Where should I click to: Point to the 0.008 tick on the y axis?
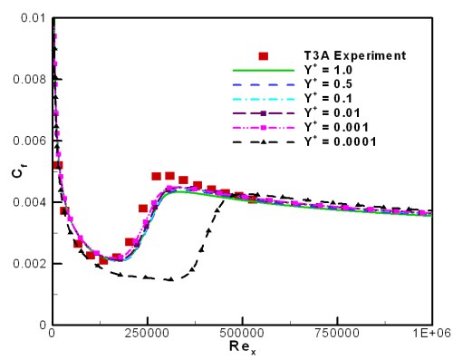26,79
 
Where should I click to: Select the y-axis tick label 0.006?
26,141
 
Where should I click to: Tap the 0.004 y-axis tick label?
26,202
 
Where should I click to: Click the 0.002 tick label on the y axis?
26,264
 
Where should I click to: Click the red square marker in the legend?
263,55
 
